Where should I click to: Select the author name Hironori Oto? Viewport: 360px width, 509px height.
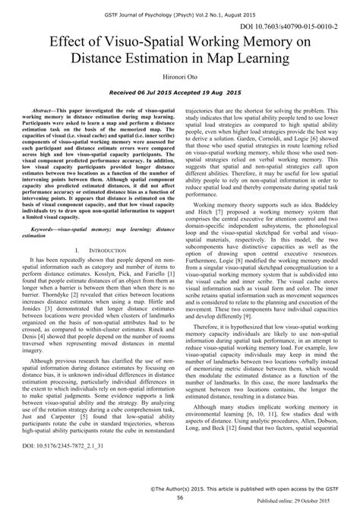[180, 77]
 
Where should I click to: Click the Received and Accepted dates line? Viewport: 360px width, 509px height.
[180, 92]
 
